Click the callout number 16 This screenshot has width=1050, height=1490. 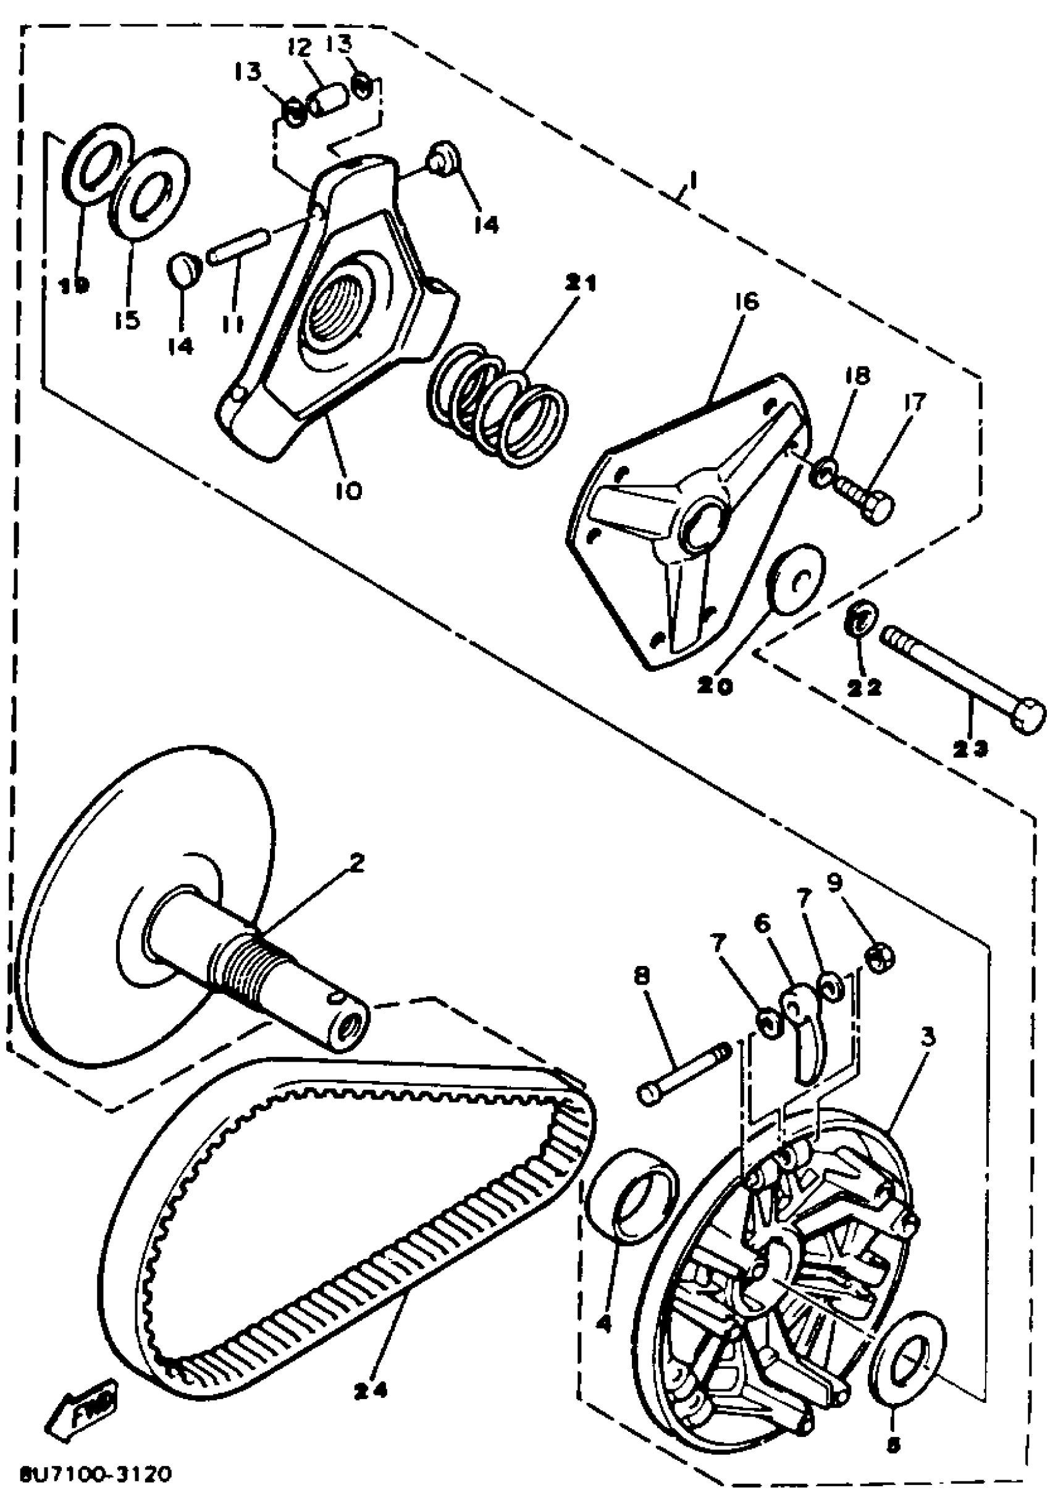747,302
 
